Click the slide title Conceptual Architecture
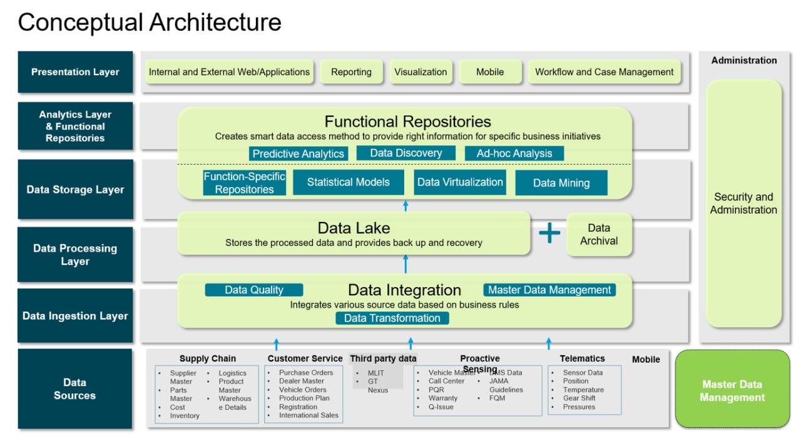tap(150, 23)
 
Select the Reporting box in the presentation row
tap(351, 72)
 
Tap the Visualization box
tap(421, 72)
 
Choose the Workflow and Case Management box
tap(604, 72)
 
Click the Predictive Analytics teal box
tap(298, 154)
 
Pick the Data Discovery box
tap(406, 153)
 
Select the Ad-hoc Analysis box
tap(514, 153)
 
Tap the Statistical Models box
tap(348, 183)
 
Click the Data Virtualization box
tap(460, 183)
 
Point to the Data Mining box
tap(561, 183)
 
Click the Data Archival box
tap(599, 235)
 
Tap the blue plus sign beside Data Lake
tap(549, 233)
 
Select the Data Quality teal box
tap(254, 290)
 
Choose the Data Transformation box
tap(392, 318)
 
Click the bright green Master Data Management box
tap(732, 391)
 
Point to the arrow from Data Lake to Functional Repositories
tap(406, 206)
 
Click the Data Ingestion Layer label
tap(75, 316)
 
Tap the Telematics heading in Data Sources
tap(582, 358)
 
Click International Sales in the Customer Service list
tap(309, 415)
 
